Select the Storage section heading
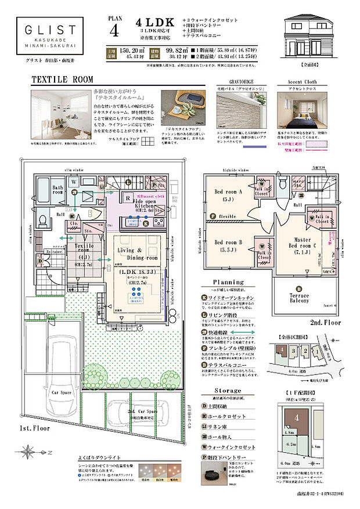point(228,391)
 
